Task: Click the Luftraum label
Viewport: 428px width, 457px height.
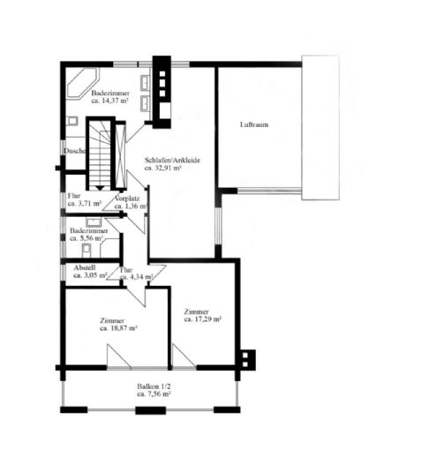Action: coord(254,125)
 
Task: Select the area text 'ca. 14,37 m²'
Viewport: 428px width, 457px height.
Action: coord(113,101)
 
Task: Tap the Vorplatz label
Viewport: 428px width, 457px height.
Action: coord(127,199)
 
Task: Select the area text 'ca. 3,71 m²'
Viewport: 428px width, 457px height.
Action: coord(84,204)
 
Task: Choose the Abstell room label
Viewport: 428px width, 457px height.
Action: coord(85,267)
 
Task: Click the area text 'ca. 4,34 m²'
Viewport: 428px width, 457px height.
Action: coord(136,277)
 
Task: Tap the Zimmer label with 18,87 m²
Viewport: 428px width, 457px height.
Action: coord(112,320)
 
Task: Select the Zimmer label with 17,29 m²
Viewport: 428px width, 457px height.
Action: coord(196,311)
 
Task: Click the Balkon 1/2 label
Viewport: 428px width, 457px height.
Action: coord(154,386)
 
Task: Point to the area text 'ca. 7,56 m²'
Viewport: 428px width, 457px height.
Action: coord(154,394)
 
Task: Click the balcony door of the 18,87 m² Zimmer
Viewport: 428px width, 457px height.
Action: coord(117,358)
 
